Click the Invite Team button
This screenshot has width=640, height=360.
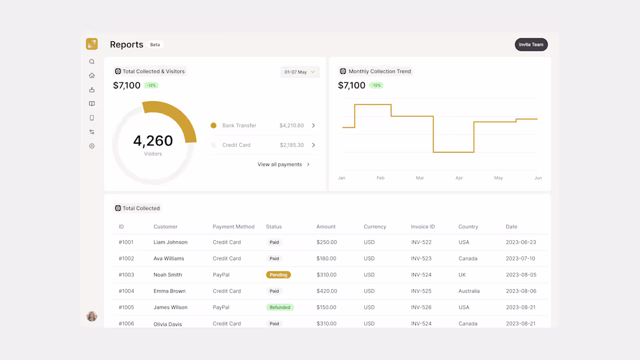tap(531, 45)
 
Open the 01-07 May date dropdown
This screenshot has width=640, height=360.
tap(300, 72)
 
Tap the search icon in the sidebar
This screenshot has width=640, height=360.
tap(92, 62)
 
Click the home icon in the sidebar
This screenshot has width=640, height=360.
tap(92, 76)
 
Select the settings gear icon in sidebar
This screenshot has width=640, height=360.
tap(92, 146)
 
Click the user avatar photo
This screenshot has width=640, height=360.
tap(92, 316)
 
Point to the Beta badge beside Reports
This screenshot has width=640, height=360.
tap(155, 45)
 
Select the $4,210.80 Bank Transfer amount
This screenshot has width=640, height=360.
tap(291, 126)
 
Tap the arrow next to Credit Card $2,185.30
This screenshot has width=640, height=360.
tap(314, 145)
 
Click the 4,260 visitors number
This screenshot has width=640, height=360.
tap(153, 141)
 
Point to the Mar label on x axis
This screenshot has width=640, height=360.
tap(419, 178)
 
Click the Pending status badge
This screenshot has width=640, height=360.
tap(278, 275)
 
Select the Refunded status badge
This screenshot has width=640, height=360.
tap(280, 307)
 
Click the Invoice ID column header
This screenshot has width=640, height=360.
tap(422, 227)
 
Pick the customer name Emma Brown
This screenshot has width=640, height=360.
tap(169, 291)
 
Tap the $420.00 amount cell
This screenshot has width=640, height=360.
tap(326, 291)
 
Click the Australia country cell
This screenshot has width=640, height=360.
tap(469, 291)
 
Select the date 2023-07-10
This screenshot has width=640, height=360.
tap(521, 258)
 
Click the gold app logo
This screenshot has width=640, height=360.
tap(92, 44)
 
